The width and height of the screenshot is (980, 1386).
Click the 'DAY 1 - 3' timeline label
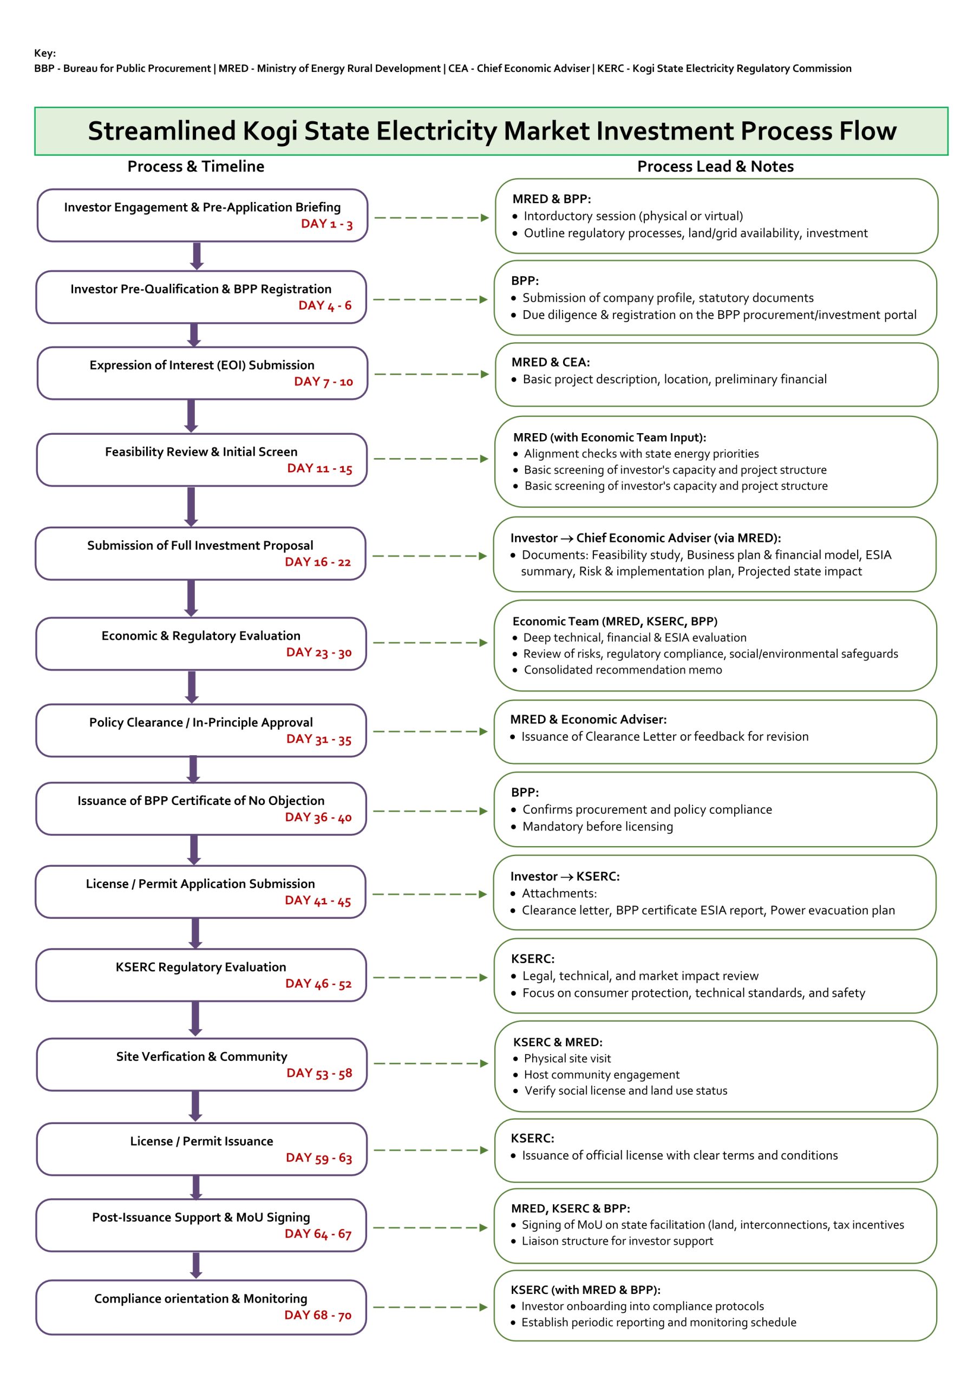pyautogui.click(x=326, y=224)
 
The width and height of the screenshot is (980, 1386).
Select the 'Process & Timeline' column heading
pyautogui.click(x=195, y=167)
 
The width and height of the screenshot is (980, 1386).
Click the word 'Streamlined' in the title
pyautogui.click(x=161, y=131)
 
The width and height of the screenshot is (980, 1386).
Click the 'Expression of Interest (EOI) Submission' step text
pyautogui.click(x=201, y=365)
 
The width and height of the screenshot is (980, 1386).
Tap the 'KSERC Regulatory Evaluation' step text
pyautogui.click(x=201, y=967)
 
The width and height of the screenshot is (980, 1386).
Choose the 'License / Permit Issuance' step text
pyautogui.click(x=201, y=1141)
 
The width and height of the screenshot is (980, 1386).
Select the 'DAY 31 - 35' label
pyautogui.click(x=319, y=739)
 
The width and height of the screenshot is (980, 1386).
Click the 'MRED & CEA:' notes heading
pyautogui.click(x=550, y=362)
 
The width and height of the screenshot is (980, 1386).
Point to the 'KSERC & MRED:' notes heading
pyautogui.click(x=557, y=1042)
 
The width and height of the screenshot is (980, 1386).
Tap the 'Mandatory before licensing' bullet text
pyautogui.click(x=597, y=826)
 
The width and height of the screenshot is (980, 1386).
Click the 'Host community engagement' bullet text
pyautogui.click(x=602, y=1075)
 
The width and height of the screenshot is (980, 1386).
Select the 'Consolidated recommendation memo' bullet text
pyautogui.click(x=623, y=670)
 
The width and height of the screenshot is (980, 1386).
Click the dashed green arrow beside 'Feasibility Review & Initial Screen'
pyautogui.click(x=430, y=459)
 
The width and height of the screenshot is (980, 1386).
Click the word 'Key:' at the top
pyautogui.click(x=45, y=53)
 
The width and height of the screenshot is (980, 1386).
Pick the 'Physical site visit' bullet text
pyautogui.click(x=567, y=1058)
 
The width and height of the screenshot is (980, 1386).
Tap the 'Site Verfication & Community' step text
pyautogui.click(x=201, y=1056)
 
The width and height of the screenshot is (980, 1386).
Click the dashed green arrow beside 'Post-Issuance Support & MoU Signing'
pyautogui.click(x=430, y=1227)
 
